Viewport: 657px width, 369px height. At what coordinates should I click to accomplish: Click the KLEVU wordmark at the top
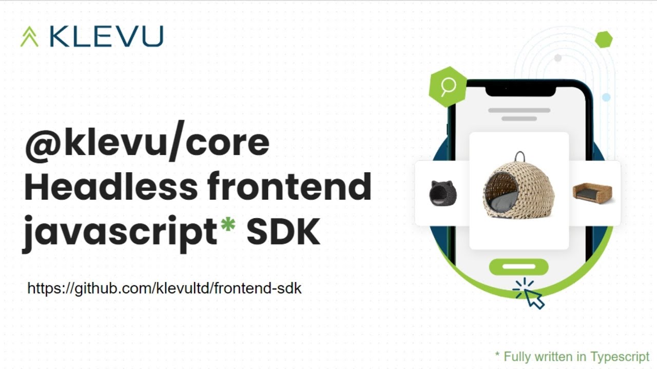point(106,36)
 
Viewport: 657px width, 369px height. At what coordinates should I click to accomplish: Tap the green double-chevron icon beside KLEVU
point(29,37)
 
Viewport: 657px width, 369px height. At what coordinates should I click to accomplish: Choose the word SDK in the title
point(283,232)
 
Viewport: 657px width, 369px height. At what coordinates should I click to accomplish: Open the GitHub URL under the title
point(164,289)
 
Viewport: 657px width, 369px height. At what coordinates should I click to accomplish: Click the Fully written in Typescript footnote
point(572,356)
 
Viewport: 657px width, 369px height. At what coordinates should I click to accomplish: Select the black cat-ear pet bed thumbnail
point(442,193)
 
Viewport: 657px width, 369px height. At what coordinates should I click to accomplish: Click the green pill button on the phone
point(518,266)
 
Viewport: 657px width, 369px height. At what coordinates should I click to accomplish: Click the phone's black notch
point(520,89)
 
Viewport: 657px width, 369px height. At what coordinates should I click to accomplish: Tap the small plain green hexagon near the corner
point(604,39)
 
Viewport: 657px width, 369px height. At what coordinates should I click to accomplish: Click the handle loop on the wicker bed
point(520,156)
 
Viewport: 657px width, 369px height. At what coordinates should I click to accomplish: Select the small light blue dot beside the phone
point(606,97)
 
